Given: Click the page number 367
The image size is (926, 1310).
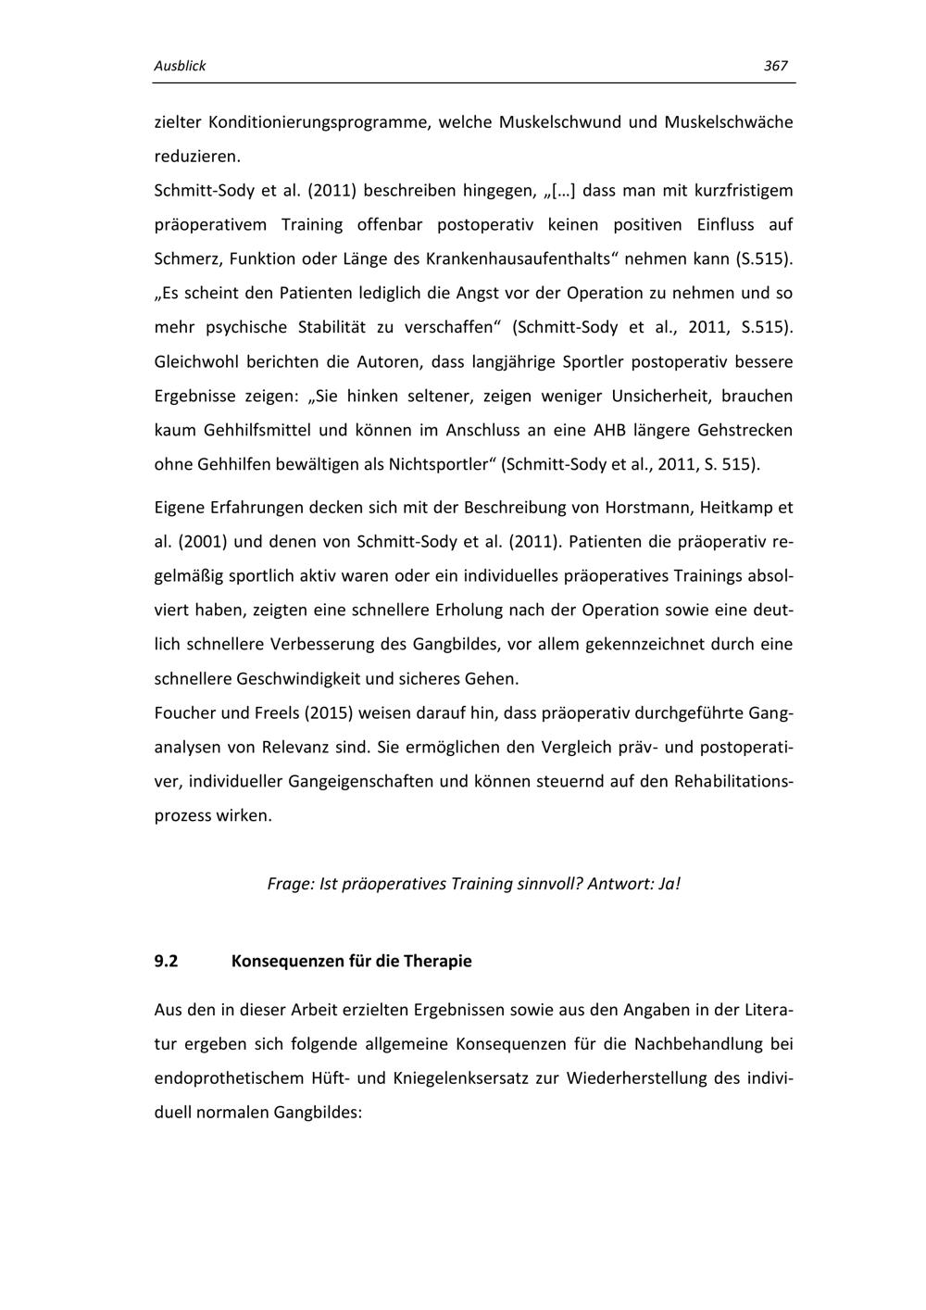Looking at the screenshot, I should (775, 66).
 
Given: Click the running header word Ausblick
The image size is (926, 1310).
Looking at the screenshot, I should (180, 66).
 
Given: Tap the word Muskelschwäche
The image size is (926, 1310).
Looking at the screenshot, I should (728, 122).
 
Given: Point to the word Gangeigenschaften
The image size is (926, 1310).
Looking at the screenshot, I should (360, 782).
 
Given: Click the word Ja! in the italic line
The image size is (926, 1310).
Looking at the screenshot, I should (669, 884).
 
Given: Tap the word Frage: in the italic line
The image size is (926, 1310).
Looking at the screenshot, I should (289, 884).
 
